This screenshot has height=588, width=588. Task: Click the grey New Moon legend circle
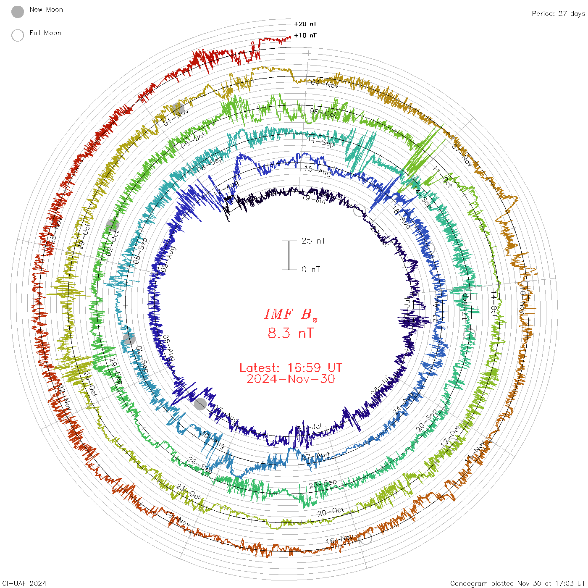point(18,12)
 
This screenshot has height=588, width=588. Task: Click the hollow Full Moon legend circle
point(18,35)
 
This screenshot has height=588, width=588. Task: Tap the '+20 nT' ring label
point(305,24)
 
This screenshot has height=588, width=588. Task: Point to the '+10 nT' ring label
point(305,35)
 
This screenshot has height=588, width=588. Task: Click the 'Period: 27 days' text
point(558,13)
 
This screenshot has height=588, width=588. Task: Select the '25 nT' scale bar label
point(313,241)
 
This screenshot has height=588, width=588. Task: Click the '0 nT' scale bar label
point(311,269)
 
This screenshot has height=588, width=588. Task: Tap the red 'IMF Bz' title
point(291,314)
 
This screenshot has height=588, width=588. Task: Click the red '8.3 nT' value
point(291,333)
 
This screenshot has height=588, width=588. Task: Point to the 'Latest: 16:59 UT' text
point(291,368)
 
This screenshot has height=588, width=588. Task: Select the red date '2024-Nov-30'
point(291,379)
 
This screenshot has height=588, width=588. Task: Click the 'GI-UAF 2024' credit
point(24,583)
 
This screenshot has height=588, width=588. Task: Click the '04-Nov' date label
point(325,84)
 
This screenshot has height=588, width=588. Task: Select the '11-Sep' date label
point(321,142)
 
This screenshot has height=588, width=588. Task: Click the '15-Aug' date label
point(318,170)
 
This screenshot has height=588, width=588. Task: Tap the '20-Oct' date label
point(331,512)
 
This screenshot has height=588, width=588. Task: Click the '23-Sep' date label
point(323,484)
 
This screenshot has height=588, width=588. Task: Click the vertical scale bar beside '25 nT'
point(289,255)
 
